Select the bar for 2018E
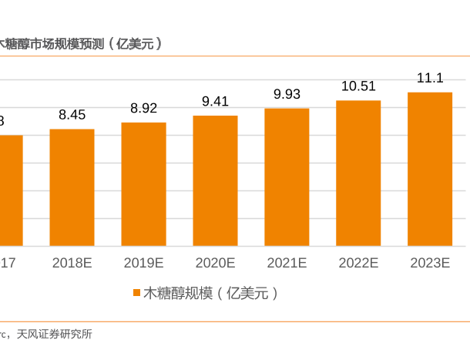[x=72, y=187]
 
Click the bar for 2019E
[x=143, y=184]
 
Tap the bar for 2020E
[x=215, y=181]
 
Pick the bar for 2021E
[x=287, y=177]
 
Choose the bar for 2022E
[x=358, y=173]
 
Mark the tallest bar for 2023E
[x=430, y=170]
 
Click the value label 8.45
[x=72, y=115]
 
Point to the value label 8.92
[x=143, y=108]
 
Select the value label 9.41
[x=215, y=101]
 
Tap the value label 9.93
[x=287, y=94]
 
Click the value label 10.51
[x=358, y=86]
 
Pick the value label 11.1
[x=430, y=78]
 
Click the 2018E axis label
[x=72, y=263]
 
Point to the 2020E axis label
[x=215, y=263]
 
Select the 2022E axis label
[x=358, y=263]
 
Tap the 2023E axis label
[x=430, y=263]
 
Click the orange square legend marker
[x=136, y=293]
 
